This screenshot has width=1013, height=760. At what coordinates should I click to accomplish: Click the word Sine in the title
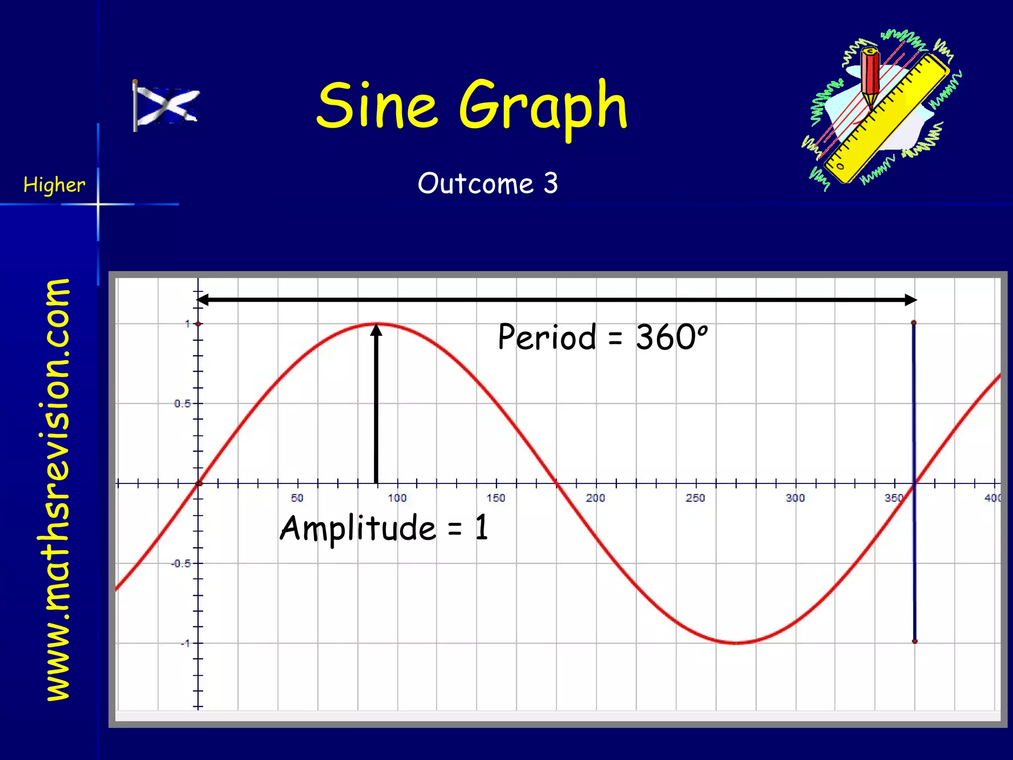[x=376, y=105]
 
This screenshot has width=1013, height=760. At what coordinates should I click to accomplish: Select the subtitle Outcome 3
[x=488, y=184]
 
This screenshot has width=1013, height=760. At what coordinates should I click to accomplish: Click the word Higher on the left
[x=54, y=185]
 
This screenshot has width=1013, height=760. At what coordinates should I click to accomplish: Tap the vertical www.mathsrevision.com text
[x=57, y=489]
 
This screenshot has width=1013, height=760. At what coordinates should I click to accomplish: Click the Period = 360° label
[x=602, y=337]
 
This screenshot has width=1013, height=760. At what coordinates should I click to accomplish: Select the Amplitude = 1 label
[x=384, y=527]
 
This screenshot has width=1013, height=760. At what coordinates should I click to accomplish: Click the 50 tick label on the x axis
[x=297, y=498]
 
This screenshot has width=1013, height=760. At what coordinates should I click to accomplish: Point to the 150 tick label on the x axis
[x=496, y=498]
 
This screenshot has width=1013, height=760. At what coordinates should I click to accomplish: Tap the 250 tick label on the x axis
[x=695, y=498]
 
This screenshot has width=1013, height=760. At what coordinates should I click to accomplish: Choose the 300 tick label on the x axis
[x=795, y=498]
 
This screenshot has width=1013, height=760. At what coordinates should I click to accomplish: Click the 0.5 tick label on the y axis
[x=182, y=404]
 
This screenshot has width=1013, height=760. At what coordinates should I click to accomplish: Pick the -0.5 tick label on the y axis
[x=181, y=564]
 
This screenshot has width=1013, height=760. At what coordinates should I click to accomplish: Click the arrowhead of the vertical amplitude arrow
[x=376, y=330]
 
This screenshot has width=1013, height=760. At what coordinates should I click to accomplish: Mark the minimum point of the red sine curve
[x=736, y=643]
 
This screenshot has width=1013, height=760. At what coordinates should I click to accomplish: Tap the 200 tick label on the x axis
[x=596, y=498]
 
